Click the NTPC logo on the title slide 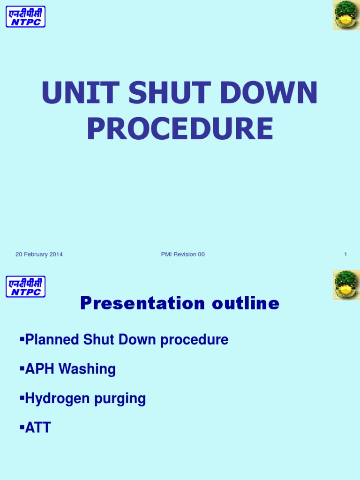click(x=25, y=16)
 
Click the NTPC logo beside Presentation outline click(x=25, y=286)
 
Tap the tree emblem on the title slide click(x=346, y=15)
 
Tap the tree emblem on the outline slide click(x=346, y=285)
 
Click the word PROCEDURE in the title click(x=180, y=128)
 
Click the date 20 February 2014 click(x=39, y=255)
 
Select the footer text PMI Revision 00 click(x=182, y=255)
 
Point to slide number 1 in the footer click(x=345, y=255)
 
